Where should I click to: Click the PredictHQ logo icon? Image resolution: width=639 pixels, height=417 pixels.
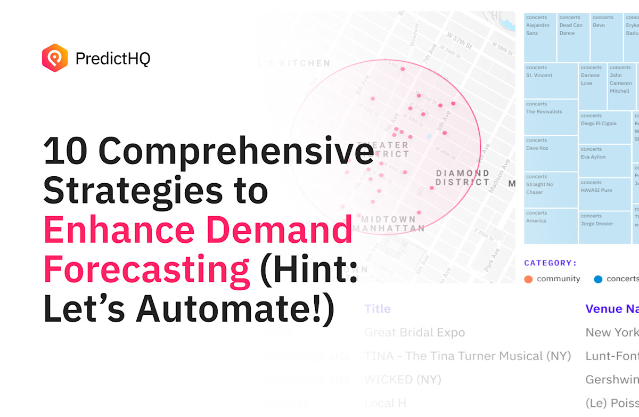point(55,58)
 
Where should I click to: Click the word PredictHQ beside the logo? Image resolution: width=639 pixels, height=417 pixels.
point(112,59)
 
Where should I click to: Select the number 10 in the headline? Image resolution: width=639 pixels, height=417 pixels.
point(65,151)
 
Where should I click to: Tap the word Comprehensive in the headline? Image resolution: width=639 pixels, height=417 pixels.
point(236,151)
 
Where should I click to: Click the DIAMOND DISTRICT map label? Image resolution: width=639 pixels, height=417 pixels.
point(462,177)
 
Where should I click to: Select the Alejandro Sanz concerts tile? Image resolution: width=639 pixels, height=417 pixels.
point(540,37)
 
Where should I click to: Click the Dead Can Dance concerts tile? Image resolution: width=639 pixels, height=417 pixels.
point(573,37)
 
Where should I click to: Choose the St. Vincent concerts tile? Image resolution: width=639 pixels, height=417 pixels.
point(551,80)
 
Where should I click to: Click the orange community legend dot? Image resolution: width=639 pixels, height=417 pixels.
point(528,279)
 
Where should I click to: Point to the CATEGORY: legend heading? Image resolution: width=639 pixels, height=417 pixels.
point(551,263)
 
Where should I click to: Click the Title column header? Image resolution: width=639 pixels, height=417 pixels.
point(378,309)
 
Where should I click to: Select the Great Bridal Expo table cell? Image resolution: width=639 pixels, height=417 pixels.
point(414,332)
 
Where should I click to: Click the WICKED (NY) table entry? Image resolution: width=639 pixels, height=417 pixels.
point(403,379)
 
